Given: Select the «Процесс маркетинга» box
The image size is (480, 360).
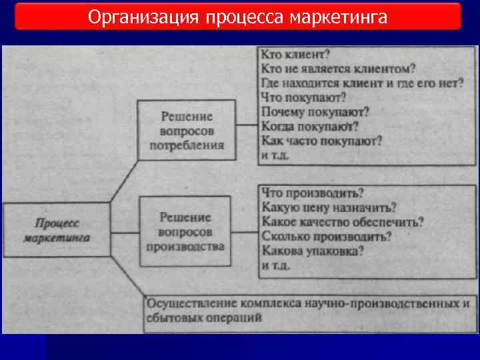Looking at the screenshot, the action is [57, 229].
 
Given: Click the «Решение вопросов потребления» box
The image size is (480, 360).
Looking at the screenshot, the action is [187, 129].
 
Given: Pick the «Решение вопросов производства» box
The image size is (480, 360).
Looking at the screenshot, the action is [186, 231].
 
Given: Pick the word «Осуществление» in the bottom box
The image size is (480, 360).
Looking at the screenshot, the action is [188, 303].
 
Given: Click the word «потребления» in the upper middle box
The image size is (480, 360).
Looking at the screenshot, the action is [187, 145].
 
